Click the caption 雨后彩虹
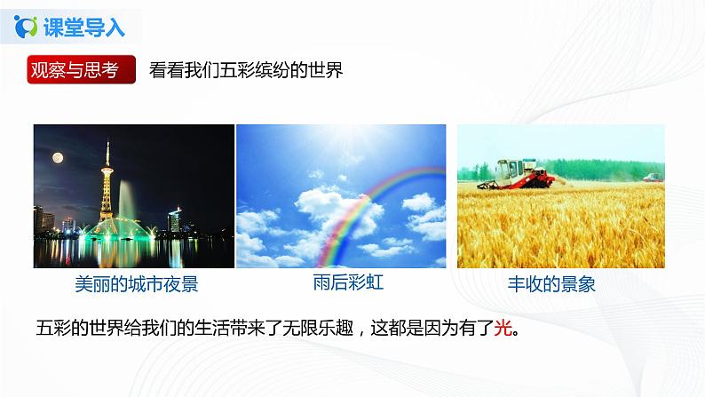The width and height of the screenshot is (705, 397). [x=342, y=282]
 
